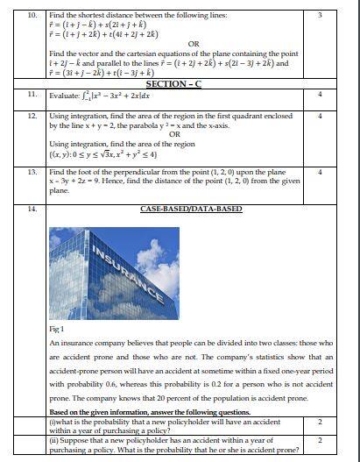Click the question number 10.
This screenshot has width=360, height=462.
(x=32, y=15)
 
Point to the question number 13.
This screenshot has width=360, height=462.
(x=32, y=173)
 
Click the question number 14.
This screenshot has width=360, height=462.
(x=32, y=210)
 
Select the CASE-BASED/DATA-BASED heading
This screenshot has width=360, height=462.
(x=180, y=210)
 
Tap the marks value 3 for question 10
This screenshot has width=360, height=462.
(x=320, y=15)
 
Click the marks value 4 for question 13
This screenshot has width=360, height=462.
(x=320, y=173)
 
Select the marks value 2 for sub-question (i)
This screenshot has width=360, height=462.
(x=320, y=422)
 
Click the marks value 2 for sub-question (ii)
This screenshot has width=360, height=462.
(x=320, y=441)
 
